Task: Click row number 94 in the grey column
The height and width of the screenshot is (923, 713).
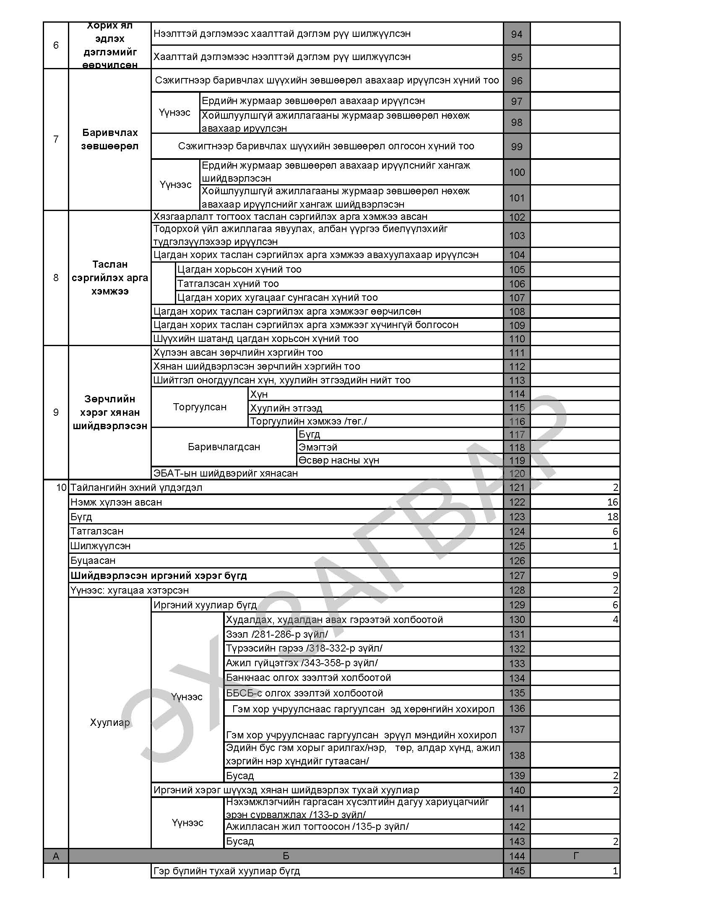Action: pyautogui.click(x=516, y=34)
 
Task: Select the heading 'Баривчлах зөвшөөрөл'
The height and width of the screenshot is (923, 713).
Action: pyautogui.click(x=109, y=139)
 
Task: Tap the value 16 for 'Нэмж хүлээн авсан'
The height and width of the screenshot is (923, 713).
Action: pyautogui.click(x=612, y=502)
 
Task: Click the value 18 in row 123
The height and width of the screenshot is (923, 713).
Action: pyautogui.click(x=612, y=516)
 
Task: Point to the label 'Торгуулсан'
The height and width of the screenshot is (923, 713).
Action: pyautogui.click(x=199, y=407)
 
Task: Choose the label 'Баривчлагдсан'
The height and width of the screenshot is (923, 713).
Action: pyautogui.click(x=224, y=447)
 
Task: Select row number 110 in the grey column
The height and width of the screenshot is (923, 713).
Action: pyautogui.click(x=516, y=339)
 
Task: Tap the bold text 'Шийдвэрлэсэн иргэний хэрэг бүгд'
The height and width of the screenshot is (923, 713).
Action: pyautogui.click(x=159, y=575)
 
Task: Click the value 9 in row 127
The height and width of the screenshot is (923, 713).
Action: pyautogui.click(x=615, y=575)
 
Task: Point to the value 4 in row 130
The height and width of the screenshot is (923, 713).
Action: pyautogui.click(x=615, y=620)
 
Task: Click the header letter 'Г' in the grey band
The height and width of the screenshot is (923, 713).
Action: pyautogui.click(x=576, y=856)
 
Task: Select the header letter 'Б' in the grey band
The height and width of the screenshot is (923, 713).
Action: pyautogui.click(x=286, y=856)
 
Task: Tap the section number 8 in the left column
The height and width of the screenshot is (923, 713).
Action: pyautogui.click(x=56, y=278)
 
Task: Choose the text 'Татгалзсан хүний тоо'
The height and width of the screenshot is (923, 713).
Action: pyautogui.click(x=228, y=284)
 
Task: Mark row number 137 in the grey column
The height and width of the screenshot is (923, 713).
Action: pyautogui.click(x=516, y=729)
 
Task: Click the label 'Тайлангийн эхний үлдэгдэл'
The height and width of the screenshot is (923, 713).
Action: pyautogui.click(x=136, y=488)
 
